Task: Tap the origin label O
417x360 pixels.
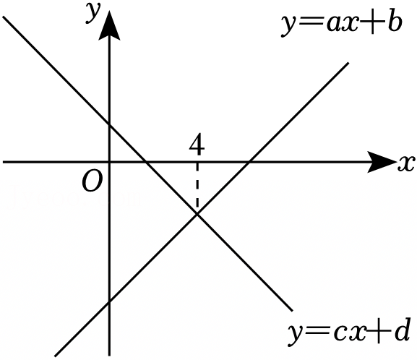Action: pyautogui.click(x=92, y=181)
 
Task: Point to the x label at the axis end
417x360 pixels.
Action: pyautogui.click(x=406, y=163)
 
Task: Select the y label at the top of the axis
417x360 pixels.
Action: pyautogui.click(x=93, y=13)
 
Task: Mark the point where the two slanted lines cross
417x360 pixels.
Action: pyautogui.click(x=197, y=214)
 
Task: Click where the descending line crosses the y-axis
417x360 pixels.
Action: pyautogui.click(x=109, y=124)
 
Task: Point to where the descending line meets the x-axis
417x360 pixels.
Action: pyautogui.click(x=145, y=162)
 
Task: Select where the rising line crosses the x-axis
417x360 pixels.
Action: pyautogui.click(x=249, y=162)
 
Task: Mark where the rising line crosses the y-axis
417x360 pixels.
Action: pyautogui.click(x=109, y=301)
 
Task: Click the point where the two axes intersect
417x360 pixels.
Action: pyautogui.click(x=109, y=162)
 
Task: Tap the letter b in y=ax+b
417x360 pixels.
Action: pyautogui.click(x=394, y=23)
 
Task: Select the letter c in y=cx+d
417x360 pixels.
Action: pyautogui.click(x=340, y=334)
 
